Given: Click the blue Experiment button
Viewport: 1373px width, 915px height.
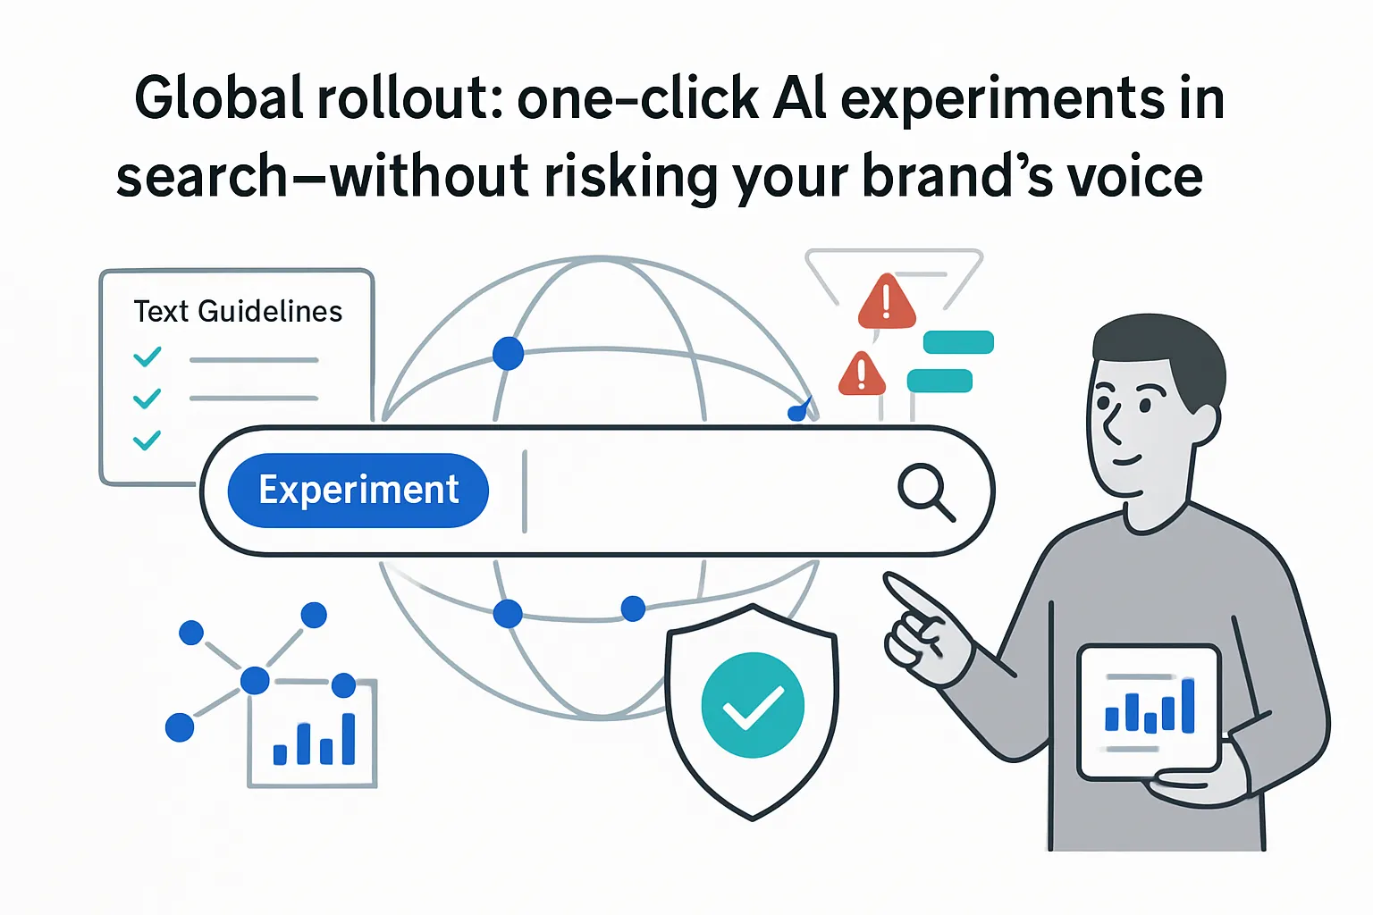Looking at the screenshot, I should pyautogui.click(x=358, y=491).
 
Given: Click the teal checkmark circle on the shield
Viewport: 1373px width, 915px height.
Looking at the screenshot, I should pyautogui.click(x=753, y=705).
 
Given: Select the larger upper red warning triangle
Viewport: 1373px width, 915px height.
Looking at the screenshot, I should pyautogui.click(x=887, y=304).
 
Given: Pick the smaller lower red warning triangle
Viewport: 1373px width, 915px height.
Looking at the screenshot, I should pyautogui.click(x=862, y=375).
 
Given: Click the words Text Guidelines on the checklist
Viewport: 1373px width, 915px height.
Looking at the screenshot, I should pyautogui.click(x=238, y=311).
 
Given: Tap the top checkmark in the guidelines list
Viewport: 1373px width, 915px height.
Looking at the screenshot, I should pyautogui.click(x=147, y=357).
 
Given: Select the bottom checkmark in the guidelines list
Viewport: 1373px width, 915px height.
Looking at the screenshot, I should pyautogui.click(x=147, y=440).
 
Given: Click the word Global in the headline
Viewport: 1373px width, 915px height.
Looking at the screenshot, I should pyautogui.click(x=219, y=98).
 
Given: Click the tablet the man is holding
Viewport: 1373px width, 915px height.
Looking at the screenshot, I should pyautogui.click(x=1150, y=711).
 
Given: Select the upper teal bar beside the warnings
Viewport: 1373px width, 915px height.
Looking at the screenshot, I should pyautogui.click(x=958, y=342).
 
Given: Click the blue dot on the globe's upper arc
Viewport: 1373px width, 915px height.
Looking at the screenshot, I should pyautogui.click(x=508, y=354).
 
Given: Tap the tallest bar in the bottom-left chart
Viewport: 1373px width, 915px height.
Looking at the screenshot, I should pyautogui.click(x=349, y=739).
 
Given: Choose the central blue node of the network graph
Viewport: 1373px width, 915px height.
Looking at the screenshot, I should pyautogui.click(x=255, y=680).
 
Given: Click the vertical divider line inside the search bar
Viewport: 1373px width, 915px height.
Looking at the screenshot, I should pyautogui.click(x=525, y=491).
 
